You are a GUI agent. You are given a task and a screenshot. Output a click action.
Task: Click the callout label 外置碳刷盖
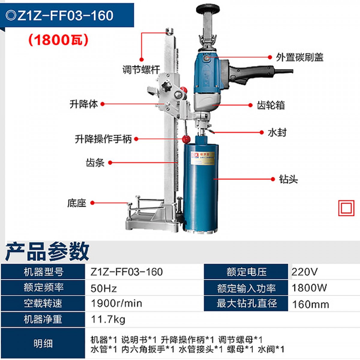[x=300, y=57]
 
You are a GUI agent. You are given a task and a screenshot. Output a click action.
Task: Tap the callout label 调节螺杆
[x=141, y=70]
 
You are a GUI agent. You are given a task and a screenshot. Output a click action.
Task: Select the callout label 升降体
[x=84, y=104]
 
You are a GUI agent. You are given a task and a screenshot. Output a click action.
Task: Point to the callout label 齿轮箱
[x=271, y=105]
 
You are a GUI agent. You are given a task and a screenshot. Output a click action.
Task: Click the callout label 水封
[x=277, y=133]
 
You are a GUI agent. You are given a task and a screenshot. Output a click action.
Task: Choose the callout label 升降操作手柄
[x=103, y=139]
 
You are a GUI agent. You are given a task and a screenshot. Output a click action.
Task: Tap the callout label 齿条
[x=95, y=163]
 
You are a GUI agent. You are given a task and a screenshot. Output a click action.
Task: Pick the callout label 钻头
[x=288, y=179]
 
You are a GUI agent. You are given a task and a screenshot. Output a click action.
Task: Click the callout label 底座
[x=76, y=203]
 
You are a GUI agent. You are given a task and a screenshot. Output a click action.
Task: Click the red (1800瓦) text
[x=58, y=40]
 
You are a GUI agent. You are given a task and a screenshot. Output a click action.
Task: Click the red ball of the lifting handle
[x=186, y=139]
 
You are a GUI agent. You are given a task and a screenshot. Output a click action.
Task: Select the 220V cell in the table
[x=304, y=271]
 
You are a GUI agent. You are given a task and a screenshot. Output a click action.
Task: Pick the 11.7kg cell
[x=108, y=319]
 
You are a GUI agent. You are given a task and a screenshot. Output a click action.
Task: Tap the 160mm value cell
[x=310, y=304]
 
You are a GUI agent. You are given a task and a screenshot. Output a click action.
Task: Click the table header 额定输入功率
[x=246, y=288]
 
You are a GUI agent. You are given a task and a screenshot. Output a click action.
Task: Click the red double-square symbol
[x=346, y=208]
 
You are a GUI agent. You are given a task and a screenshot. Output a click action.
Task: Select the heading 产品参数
[x=47, y=251]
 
